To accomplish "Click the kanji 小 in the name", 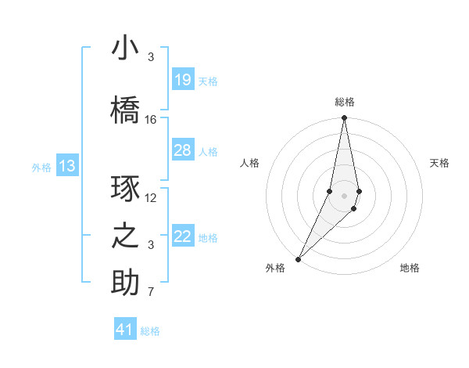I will pos(125,49).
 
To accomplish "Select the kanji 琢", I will pos(125,189).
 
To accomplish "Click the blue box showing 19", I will pos(182,80).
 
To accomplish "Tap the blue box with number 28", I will pos(182,150).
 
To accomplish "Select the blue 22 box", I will pos(182,236).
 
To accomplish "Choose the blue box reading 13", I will pos(66,166).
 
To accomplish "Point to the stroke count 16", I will pos(151,120).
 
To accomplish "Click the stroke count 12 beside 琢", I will pos(151,198).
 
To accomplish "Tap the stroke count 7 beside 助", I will pos(151,293).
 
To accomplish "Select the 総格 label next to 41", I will pos(150,331).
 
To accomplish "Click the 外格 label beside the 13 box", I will pos(41,167).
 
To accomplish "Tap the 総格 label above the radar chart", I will pos(344,102).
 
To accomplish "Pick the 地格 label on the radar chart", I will pos(410,268).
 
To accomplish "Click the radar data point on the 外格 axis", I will pos(298,258).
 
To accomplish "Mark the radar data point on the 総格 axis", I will pos(344,118).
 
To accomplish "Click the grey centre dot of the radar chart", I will pos(344,195).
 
